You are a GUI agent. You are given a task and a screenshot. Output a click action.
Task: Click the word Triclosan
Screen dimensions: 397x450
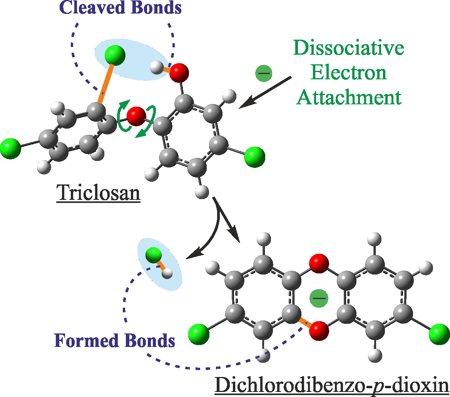pyautogui.click(x=98, y=193)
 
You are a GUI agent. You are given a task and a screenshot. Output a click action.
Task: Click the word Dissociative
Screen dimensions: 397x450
pyautogui.click(x=349, y=49)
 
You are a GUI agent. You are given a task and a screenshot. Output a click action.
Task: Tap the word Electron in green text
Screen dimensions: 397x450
pyautogui.click(x=349, y=72)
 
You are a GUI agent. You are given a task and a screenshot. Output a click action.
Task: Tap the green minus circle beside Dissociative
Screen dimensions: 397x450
pyautogui.click(x=264, y=73)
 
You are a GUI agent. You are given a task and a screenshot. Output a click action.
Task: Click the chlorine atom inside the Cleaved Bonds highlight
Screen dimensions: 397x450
pyautogui.click(x=115, y=55)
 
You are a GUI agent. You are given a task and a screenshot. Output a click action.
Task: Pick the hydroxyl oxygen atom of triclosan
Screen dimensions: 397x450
pyautogui.click(x=179, y=73)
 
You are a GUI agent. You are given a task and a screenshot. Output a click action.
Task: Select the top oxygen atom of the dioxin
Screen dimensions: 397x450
pyautogui.click(x=319, y=264)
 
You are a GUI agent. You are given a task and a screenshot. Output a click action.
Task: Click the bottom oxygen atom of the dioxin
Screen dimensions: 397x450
pyautogui.click(x=319, y=330)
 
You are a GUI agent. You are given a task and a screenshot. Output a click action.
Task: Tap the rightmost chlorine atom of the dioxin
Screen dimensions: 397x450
pyautogui.click(x=439, y=333)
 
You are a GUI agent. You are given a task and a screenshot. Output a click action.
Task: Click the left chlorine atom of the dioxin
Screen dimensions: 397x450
pyautogui.click(x=199, y=334)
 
